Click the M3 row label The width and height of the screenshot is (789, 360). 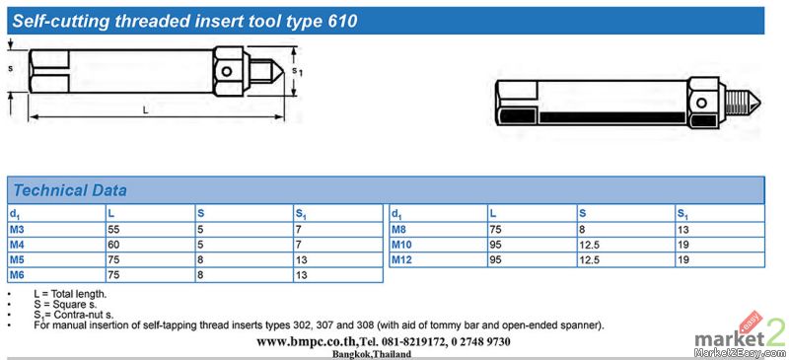tap(17, 230)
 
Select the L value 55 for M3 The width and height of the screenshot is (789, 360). tap(113, 230)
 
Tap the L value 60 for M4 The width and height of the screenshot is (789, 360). tap(113, 245)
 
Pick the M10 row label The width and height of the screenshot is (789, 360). tap(401, 245)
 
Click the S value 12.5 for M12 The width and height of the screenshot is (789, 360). tap(590, 259)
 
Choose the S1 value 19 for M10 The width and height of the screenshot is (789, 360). tap(682, 245)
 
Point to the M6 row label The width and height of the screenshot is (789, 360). tap(17, 275)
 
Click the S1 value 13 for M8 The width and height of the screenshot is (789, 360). tap(682, 230)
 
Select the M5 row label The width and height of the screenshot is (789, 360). tap(17, 259)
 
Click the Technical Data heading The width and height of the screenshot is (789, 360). tap(70, 190)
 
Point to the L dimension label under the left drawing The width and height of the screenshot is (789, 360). tap(145, 110)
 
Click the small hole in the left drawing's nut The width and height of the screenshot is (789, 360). tap(227, 71)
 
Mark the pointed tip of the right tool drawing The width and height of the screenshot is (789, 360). tap(759, 104)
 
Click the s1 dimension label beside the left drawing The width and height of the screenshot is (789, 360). tap(298, 71)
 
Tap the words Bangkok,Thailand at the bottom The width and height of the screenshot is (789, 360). tap(372, 354)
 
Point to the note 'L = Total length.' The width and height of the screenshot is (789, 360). tap(70, 294)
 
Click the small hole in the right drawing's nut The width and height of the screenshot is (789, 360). tap(701, 104)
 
